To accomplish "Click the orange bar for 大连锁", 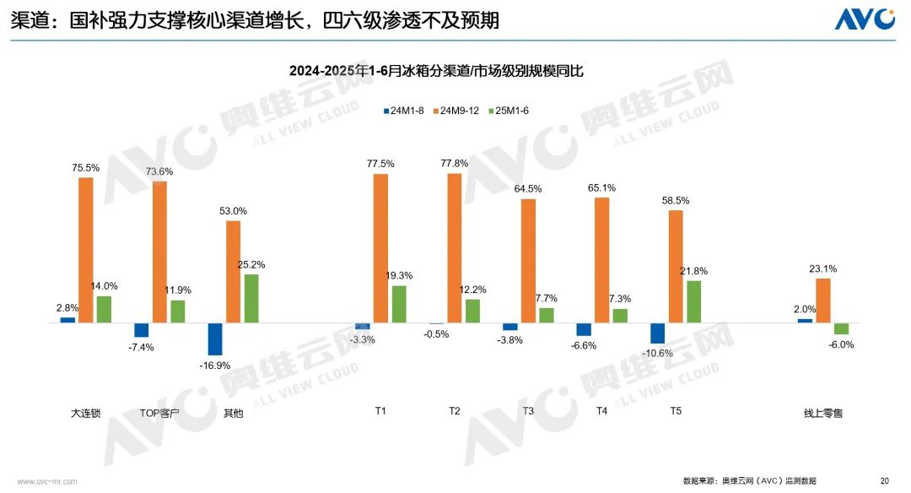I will [85, 250].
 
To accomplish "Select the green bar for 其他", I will [251, 298].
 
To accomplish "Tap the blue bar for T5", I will [657, 333].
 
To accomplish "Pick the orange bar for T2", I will [454, 247].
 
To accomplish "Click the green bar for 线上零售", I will [841, 328].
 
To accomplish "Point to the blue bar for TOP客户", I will [141, 330].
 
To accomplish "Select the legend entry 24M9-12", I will [457, 111].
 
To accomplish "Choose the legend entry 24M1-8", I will [405, 111].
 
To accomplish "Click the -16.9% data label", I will [215, 366].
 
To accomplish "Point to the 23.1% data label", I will [822, 268].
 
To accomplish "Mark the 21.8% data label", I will [693, 270].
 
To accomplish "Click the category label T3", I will [528, 411].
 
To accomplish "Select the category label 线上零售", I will [822, 414].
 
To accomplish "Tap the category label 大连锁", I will [85, 414].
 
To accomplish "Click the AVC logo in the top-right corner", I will [865, 19].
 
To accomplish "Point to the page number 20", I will [884, 480].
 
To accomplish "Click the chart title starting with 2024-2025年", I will [436, 72].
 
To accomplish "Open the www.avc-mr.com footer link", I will [47, 481].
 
